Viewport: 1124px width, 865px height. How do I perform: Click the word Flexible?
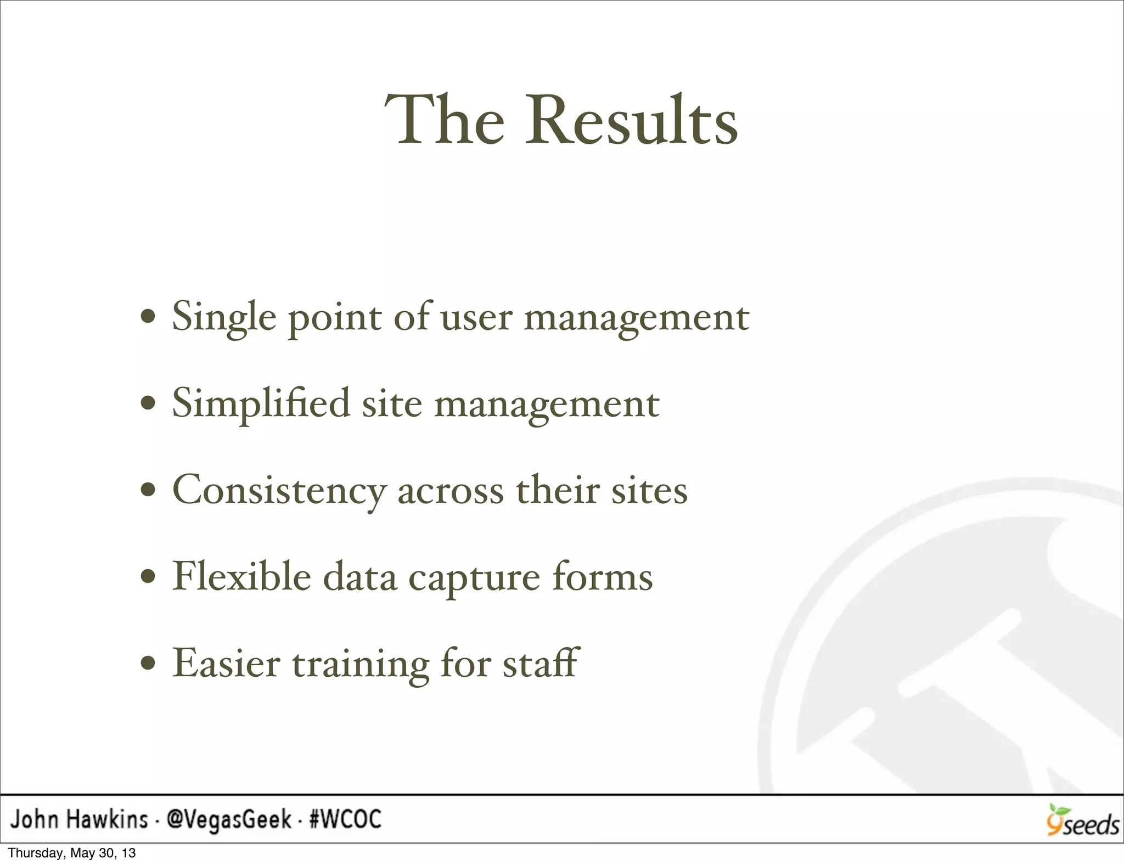click(242, 577)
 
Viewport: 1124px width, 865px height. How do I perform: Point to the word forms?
click(602, 577)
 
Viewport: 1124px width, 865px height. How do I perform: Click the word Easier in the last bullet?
click(227, 664)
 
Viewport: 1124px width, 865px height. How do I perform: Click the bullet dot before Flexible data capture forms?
click(148, 577)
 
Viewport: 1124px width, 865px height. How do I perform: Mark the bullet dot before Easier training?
click(148, 664)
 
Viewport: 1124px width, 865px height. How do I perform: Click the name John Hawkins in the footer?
click(80, 819)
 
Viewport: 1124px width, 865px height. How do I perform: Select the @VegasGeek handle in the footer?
click(229, 819)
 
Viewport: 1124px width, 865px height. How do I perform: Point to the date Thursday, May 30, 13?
click(72, 853)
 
